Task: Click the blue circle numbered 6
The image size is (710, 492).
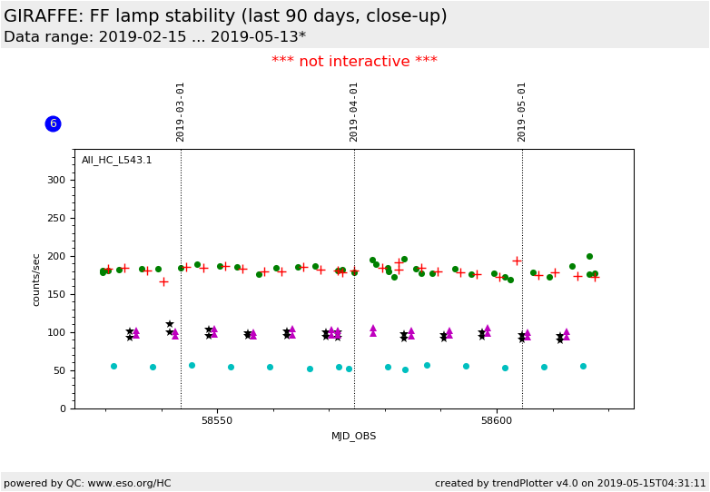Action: (x=53, y=123)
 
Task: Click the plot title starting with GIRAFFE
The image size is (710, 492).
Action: (x=225, y=16)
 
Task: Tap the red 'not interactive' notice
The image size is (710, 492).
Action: (x=354, y=62)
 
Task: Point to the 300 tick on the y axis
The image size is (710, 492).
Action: (x=56, y=180)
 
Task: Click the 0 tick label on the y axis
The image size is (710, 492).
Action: (x=64, y=408)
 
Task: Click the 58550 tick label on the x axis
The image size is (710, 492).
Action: (x=217, y=420)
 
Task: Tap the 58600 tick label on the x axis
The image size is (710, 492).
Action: (x=497, y=420)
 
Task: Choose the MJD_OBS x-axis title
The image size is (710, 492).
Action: (x=354, y=436)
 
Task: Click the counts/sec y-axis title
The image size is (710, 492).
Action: (x=37, y=280)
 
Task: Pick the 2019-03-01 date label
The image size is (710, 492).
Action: (x=181, y=112)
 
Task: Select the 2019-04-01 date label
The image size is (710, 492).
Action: (x=354, y=112)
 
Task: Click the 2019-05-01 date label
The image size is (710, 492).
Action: (x=522, y=112)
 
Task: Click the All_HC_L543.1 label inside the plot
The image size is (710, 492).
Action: (x=117, y=161)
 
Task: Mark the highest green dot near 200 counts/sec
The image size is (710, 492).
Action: (x=589, y=256)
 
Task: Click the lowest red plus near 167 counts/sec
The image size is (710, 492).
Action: (x=163, y=281)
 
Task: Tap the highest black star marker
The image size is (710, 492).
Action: (x=170, y=324)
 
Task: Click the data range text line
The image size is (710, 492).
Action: (x=154, y=37)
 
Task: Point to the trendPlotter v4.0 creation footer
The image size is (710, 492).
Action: (x=570, y=483)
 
